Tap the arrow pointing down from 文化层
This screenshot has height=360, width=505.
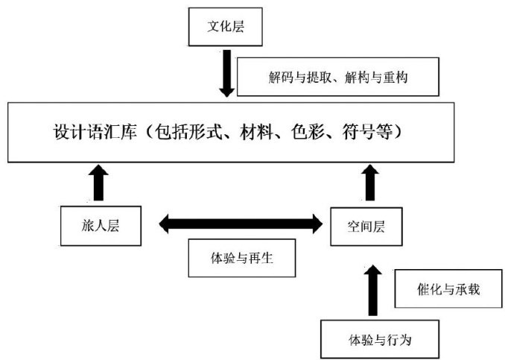pyautogui.click(x=226, y=73)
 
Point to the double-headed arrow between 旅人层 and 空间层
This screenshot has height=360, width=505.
pyautogui.click(x=241, y=224)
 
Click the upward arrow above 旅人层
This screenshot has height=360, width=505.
pyautogui.click(x=98, y=183)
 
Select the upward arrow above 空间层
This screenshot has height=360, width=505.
pyautogui.click(x=370, y=183)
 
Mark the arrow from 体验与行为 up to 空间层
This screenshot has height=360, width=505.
pyautogui.click(x=372, y=291)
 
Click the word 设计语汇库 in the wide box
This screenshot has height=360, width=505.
pyautogui.click(x=95, y=132)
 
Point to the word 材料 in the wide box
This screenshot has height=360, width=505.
pyautogui.click(x=256, y=132)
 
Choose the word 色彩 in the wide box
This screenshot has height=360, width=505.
pyautogui.click(x=308, y=132)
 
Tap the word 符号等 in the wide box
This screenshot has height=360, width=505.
pyautogui.click(x=367, y=132)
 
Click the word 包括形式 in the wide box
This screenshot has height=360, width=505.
pyautogui.click(x=188, y=132)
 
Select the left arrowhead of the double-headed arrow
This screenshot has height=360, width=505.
pyautogui.click(x=164, y=224)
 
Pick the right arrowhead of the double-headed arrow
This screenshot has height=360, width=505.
pyautogui.click(x=317, y=224)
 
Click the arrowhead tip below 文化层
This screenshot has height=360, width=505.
pyautogui.click(x=226, y=97)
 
